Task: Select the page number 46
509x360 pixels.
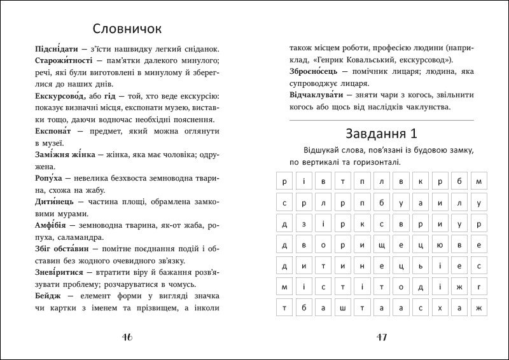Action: [x=126, y=337]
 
